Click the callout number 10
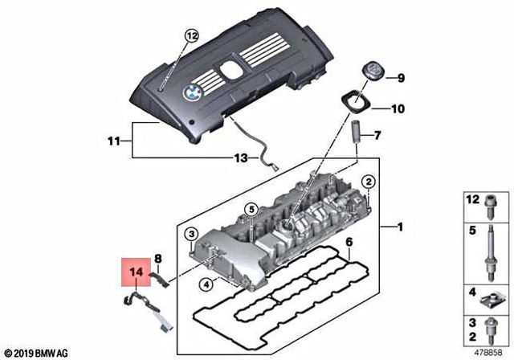(x=398, y=108)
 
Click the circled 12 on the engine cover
(x=191, y=35)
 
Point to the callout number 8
(x=158, y=258)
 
